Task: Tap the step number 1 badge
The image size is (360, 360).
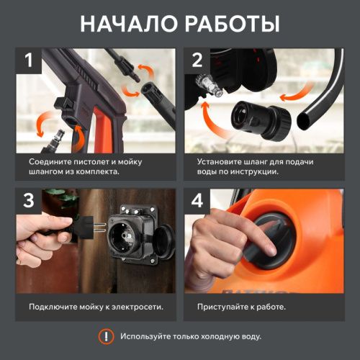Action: click(30, 60)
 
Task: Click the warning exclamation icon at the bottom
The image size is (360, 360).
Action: click(106, 336)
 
